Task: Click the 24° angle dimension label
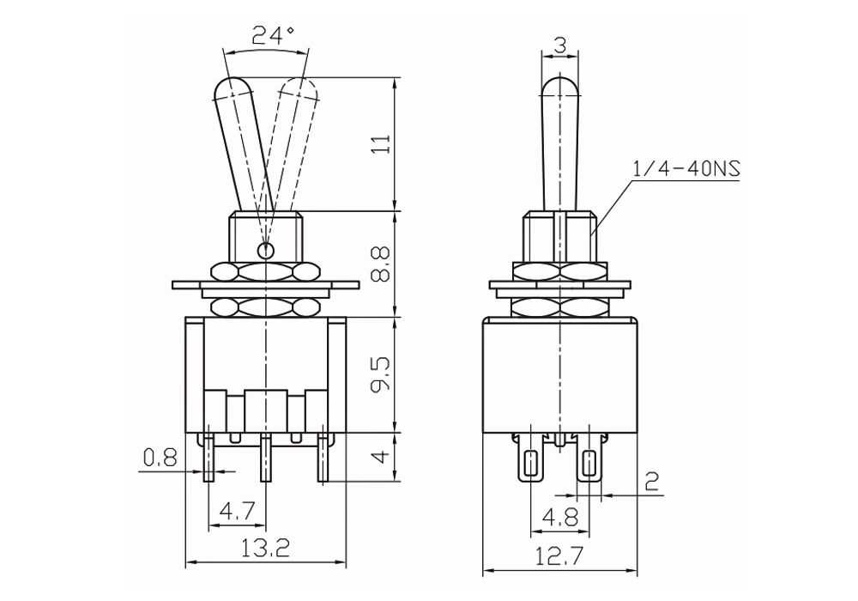273,35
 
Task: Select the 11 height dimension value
382,143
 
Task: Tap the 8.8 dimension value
381,264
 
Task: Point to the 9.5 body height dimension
381,374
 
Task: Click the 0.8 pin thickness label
160,458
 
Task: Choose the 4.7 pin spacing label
238,512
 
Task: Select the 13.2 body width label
267,548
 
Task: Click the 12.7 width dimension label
559,556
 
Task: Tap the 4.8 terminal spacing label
559,517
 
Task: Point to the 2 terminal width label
652,481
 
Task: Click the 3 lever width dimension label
559,46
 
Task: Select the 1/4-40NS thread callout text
686,168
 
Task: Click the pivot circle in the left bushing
265,251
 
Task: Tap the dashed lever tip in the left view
299,88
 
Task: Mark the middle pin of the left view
265,457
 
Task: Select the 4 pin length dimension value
383,456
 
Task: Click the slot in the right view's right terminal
589,464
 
